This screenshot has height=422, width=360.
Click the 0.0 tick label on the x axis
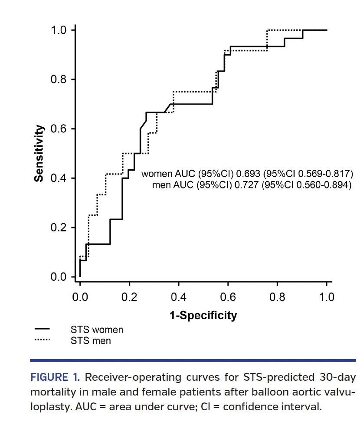point(80,297)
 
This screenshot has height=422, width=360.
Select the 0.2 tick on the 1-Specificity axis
point(129,297)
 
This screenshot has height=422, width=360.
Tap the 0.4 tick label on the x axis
point(179,297)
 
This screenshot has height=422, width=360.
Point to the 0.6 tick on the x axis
point(228,297)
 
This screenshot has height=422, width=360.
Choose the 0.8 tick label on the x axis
point(277,297)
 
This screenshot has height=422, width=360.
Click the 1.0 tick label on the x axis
point(327,297)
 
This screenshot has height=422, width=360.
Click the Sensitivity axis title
point(39,153)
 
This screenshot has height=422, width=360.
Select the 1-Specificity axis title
point(203,315)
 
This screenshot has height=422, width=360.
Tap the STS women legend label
point(97,330)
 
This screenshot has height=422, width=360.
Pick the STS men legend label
point(91,341)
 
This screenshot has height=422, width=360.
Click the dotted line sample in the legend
point(42,341)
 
